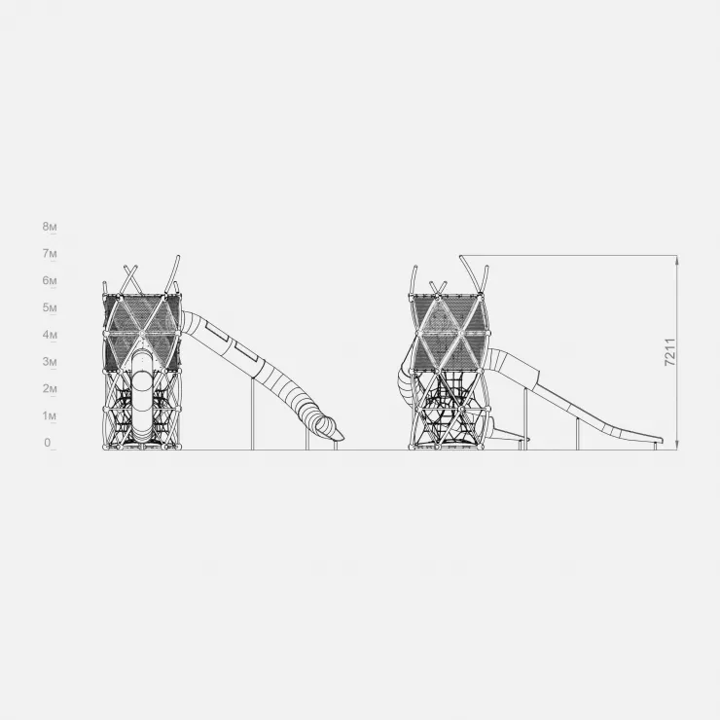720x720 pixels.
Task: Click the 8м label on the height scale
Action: [50, 227]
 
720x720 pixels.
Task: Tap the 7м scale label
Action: [50, 254]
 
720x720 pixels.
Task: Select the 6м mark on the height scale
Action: [50, 280]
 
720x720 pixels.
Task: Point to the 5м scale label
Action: [50, 307]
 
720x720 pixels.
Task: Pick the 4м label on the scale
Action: [50, 335]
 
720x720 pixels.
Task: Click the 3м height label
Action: [50, 362]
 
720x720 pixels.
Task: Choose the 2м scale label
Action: [50, 389]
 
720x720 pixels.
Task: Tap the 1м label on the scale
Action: [50, 416]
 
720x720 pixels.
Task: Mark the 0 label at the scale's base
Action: [48, 443]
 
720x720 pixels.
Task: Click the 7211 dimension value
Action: [670, 352]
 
